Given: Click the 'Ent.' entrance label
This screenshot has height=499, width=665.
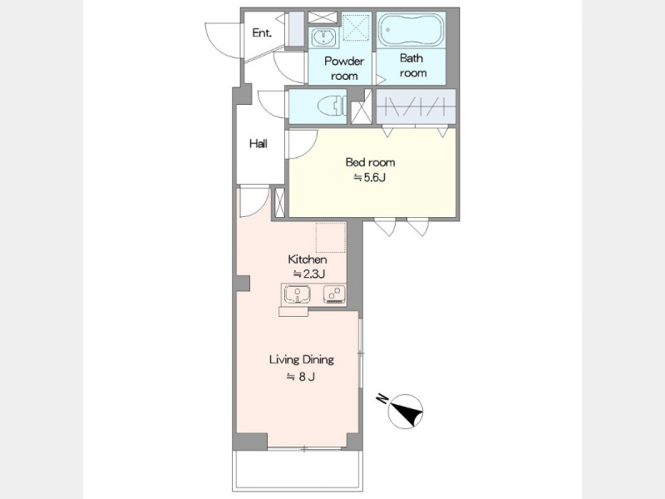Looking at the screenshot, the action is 262,32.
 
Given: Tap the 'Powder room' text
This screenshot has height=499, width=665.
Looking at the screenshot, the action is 344,68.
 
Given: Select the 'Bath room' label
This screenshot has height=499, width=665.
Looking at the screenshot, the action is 412,65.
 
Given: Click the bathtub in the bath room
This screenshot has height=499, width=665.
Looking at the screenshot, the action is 411,30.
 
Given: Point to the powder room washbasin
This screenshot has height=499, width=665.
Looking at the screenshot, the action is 323,37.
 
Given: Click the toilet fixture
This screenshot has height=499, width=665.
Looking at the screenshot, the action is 331,106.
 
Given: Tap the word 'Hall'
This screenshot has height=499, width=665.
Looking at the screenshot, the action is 259,144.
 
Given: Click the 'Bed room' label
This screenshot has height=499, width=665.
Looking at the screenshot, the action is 370,162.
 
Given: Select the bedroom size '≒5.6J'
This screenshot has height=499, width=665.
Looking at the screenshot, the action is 370,177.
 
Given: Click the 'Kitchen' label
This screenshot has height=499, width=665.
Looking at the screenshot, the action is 308,259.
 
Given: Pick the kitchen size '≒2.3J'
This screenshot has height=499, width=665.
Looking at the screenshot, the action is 309,274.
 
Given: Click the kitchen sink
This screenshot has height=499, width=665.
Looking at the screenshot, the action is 297,294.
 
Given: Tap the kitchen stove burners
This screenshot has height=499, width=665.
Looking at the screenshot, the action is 335,294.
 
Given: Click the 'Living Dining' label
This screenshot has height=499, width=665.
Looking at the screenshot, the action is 302,360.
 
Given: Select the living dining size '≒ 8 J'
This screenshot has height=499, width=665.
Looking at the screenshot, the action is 301,377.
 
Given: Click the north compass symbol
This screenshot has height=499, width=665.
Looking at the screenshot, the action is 406,411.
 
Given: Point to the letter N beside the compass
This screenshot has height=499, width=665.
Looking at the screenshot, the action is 382,398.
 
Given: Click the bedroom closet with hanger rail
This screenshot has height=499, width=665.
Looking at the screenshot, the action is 416,106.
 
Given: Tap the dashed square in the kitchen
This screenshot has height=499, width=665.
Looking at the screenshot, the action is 330,237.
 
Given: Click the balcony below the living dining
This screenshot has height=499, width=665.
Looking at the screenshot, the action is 298,470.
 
